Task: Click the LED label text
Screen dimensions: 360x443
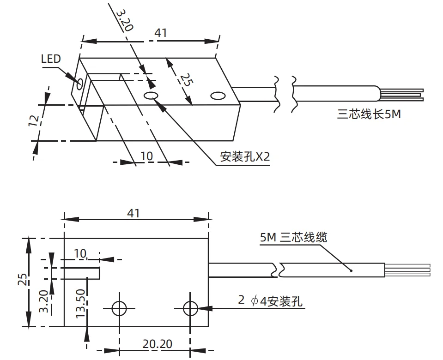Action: tap(51, 59)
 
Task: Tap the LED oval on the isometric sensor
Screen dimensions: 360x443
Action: tap(80, 83)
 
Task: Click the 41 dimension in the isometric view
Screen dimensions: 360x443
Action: tap(160, 33)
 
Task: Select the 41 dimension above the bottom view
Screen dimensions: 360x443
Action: tap(134, 213)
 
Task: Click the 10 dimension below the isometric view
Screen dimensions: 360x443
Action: tap(146, 156)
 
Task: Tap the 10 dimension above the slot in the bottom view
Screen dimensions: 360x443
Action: tap(80, 253)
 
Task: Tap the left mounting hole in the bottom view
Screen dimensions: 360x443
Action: tap(119, 308)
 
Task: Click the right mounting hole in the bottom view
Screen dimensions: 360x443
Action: tap(190, 308)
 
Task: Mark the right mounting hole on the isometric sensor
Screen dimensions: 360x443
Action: tap(217, 96)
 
